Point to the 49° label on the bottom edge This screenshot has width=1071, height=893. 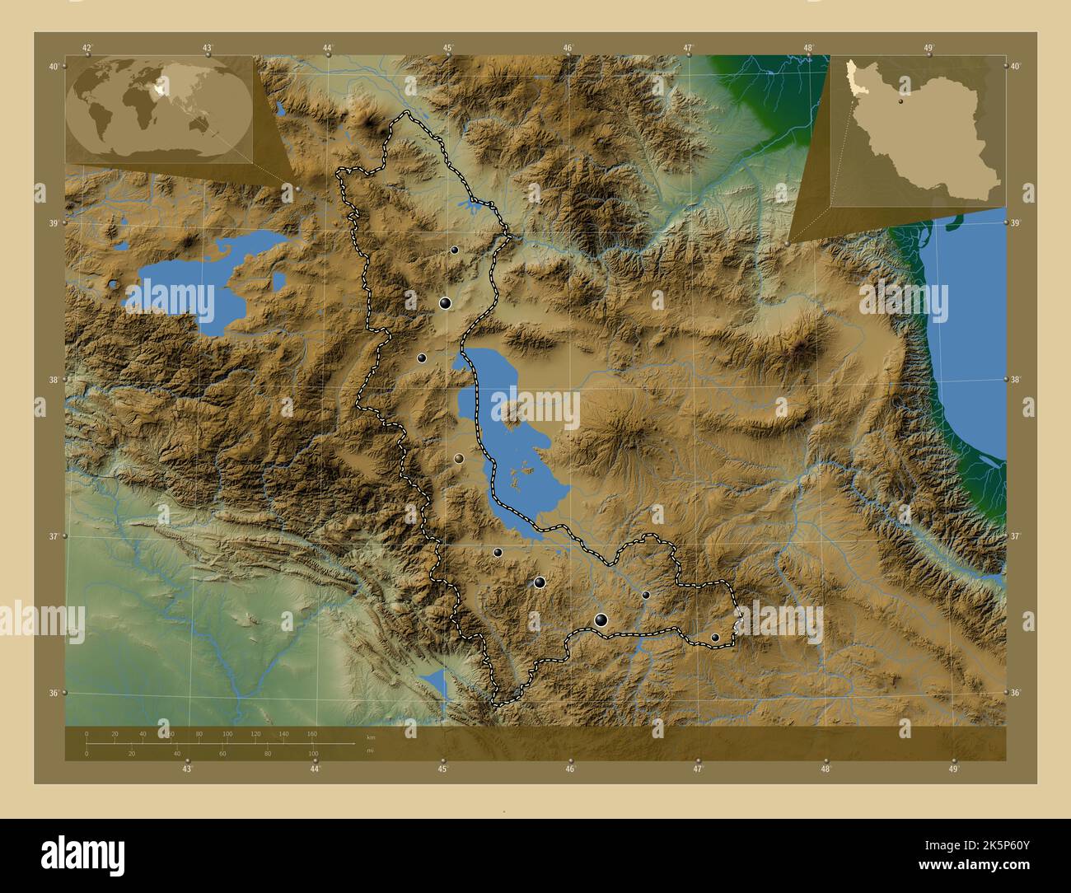point(953,769)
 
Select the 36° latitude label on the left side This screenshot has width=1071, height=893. point(53,694)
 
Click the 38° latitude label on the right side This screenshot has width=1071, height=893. point(1017,380)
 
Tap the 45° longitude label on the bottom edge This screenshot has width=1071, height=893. point(442,769)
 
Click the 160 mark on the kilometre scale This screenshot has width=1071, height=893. point(311,733)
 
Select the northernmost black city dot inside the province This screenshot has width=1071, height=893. point(454,250)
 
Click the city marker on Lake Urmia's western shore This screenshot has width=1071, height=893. point(459,458)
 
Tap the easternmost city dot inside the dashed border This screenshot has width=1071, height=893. point(715,637)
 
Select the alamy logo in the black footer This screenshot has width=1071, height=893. point(82,854)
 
